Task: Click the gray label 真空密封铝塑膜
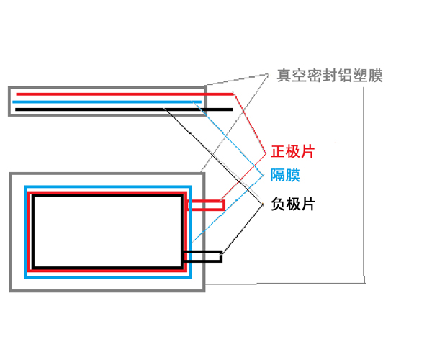coord(330,76)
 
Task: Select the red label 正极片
coord(293,152)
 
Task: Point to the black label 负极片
coord(293,204)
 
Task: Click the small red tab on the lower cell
coord(206,206)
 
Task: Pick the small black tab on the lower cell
coord(202,256)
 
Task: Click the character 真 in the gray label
coord(284,76)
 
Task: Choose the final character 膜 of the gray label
coord(375,76)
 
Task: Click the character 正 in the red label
coord(278,152)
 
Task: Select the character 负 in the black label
coord(278,204)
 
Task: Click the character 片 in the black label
coord(308,204)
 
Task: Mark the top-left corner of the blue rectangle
coord(25,187)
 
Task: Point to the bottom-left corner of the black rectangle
coord(33,268)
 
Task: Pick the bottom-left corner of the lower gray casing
coord(11,290)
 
